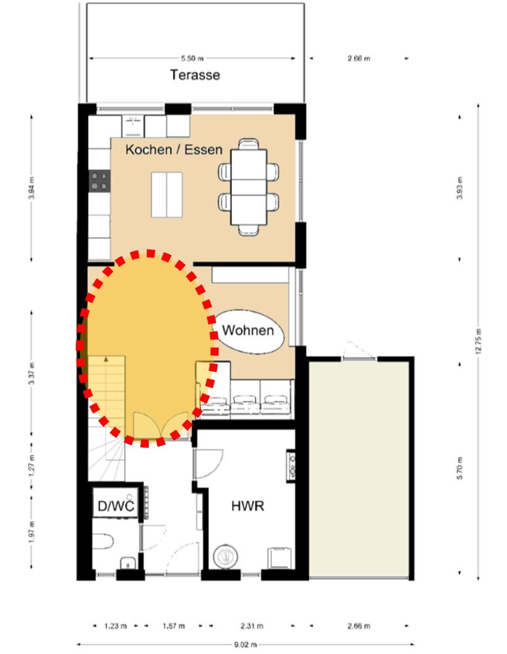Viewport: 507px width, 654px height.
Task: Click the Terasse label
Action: tap(195, 75)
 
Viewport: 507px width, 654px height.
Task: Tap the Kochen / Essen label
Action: tap(174, 149)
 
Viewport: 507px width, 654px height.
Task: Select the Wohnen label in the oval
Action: tap(248, 330)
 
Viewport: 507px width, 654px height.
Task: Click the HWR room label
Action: tap(248, 506)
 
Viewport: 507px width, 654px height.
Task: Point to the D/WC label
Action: tap(116, 506)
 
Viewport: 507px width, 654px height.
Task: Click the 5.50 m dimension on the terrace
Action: tap(192, 59)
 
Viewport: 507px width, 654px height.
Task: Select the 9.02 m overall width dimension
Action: tap(245, 644)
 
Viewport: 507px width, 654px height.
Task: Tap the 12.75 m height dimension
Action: tap(478, 341)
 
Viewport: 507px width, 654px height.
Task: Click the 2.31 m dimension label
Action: tap(251, 626)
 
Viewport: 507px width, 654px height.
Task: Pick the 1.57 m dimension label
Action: tap(174, 626)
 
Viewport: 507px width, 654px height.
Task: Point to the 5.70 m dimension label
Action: tap(460, 468)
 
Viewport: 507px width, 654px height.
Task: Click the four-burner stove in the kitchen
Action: tap(99, 182)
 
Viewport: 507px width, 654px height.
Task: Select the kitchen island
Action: tap(166, 195)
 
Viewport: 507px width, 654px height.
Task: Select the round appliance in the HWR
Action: tap(225, 556)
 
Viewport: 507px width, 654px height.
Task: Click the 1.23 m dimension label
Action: tap(115, 626)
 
